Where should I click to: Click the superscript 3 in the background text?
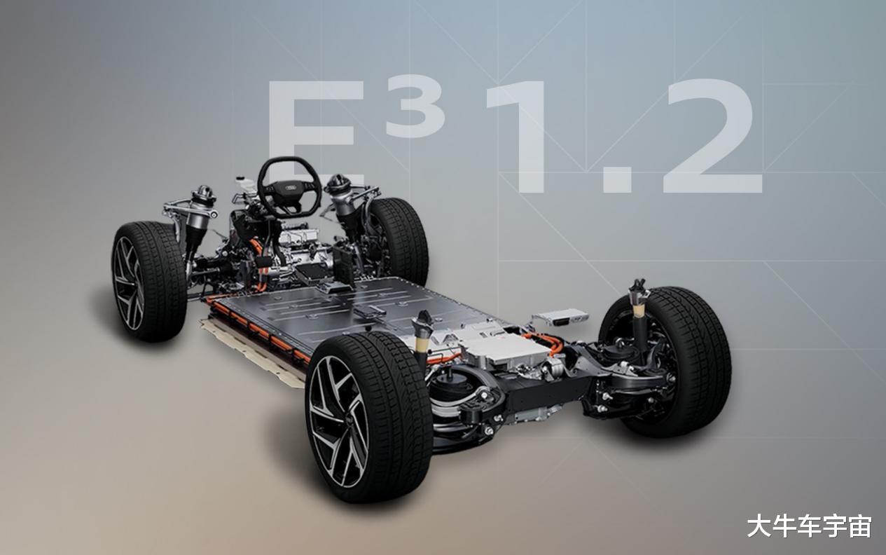pos(415,108)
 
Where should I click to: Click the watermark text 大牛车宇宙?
pos(809,526)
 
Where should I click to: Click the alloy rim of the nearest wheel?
pos(338,420)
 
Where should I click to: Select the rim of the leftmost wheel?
pos(129,283)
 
